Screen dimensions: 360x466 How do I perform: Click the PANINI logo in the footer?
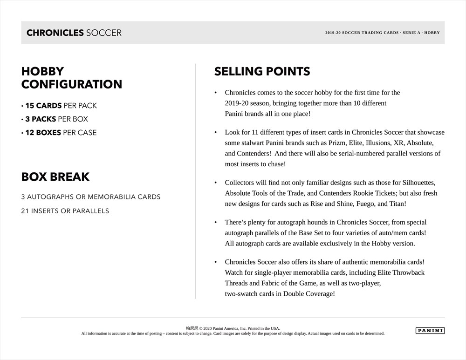(x=430, y=331)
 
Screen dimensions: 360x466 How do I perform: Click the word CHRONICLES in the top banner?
(x=55, y=33)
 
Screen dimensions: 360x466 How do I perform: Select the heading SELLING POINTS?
(x=262, y=72)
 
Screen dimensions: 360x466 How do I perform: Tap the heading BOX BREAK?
(x=55, y=177)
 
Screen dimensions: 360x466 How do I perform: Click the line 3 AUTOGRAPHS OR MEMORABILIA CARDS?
(x=90, y=197)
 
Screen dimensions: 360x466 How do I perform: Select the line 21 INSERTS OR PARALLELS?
(x=65, y=211)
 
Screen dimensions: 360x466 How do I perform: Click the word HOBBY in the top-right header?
(x=432, y=33)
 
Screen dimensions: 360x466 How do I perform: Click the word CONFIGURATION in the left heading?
(x=72, y=85)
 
